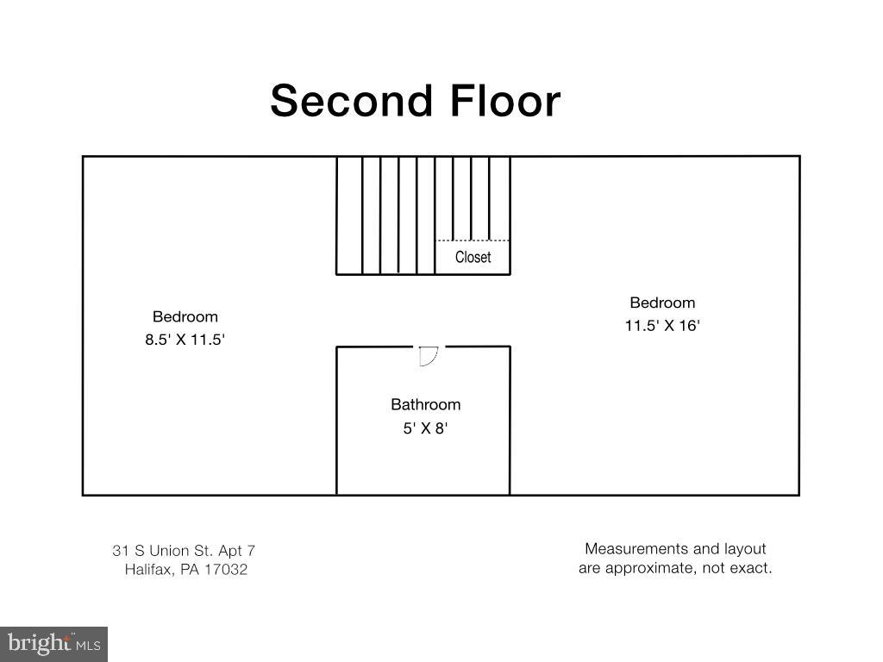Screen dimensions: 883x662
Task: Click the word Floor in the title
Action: (504, 101)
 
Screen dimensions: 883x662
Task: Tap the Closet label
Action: (473, 257)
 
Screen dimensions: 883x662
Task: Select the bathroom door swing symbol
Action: (429, 355)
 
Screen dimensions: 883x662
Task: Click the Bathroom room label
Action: (425, 404)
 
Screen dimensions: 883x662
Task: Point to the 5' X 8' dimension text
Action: (425, 428)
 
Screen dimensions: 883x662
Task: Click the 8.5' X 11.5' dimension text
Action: (185, 340)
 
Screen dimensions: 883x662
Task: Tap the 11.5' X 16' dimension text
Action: (662, 326)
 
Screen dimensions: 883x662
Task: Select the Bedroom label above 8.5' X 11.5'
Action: (185, 316)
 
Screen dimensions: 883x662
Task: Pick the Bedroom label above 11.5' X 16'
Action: (662, 303)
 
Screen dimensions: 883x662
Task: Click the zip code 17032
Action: (226, 570)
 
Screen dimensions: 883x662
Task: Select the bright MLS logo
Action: (53, 643)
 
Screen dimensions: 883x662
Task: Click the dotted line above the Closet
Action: (473, 240)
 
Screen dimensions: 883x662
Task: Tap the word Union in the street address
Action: (169, 550)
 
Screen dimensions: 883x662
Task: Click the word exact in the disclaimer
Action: (753, 568)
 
